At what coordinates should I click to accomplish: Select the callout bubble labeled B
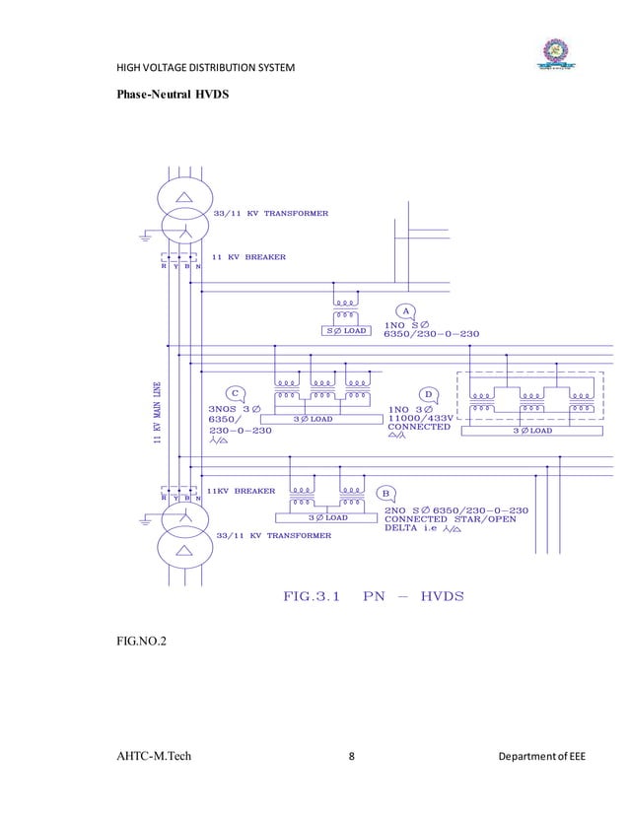coord(387,492)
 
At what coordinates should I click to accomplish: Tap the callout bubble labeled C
coord(234,394)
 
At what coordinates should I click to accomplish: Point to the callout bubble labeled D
coord(429,394)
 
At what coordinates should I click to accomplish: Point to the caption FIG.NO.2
coord(141,643)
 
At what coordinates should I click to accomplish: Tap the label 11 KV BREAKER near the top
coord(249,257)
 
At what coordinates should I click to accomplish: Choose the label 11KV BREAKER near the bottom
coord(241,490)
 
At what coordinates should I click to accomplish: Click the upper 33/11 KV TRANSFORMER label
coord(271,213)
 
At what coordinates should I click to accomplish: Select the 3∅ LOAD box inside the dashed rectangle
coord(530,430)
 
